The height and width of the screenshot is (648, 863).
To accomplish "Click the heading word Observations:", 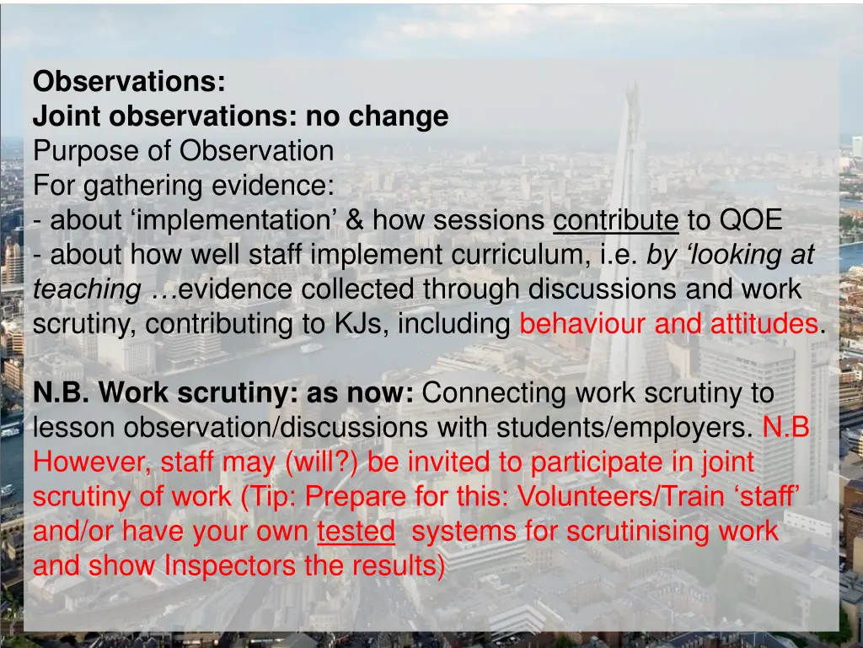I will pyautogui.click(x=129, y=82).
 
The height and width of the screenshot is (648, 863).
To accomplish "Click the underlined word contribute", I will pyautogui.click(x=615, y=220).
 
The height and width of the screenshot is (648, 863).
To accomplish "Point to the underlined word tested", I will pyautogui.click(x=356, y=532).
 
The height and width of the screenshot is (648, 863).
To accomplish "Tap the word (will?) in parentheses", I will pyautogui.click(x=323, y=462).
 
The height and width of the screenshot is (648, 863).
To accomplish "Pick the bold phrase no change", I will pyautogui.click(x=377, y=116).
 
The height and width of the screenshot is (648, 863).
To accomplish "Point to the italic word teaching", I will pyautogui.click(x=86, y=289).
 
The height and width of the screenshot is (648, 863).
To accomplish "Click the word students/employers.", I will pyautogui.click(x=624, y=428).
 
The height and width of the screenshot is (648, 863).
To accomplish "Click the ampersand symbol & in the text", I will pyautogui.click(x=355, y=220).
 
